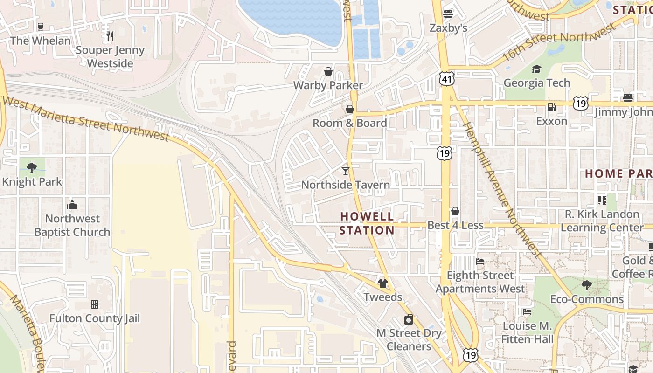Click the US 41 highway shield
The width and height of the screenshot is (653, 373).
pos(446,80)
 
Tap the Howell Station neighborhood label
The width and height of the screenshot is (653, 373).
pos(367,223)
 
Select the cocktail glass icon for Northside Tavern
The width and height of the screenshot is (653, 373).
pos(346,171)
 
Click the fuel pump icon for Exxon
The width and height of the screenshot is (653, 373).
pos(551,107)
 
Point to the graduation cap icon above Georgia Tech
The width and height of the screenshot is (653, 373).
pos(536,69)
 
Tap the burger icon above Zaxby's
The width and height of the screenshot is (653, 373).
pos(448,14)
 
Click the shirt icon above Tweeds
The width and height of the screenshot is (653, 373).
pos(383,283)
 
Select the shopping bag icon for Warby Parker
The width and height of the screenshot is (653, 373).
pos(328,71)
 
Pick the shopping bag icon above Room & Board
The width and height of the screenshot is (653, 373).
pos(350,109)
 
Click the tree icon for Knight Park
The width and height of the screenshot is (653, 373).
pos(32,167)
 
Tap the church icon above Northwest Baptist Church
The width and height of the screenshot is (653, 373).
pos(72,205)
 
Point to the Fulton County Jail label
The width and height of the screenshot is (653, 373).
pos(95,318)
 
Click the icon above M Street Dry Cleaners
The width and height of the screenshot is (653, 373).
pos(409,319)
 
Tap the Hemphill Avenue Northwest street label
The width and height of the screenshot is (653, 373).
pos(501,189)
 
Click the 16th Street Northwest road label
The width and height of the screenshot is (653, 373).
pos(560,44)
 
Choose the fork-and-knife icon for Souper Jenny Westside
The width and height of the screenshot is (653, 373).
pos(110,36)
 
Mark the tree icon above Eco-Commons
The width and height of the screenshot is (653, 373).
pos(587,285)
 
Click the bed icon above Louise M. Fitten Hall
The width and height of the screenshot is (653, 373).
pos(527,312)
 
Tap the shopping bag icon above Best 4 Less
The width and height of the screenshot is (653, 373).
pos(455,211)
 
